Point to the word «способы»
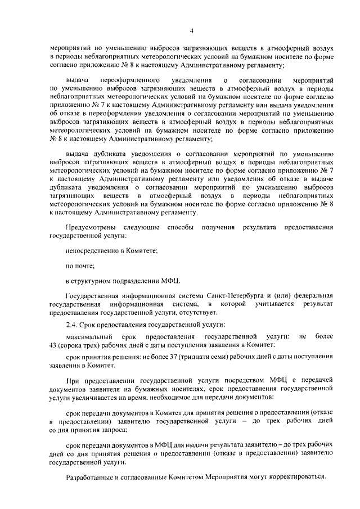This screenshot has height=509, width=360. (182, 227)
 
